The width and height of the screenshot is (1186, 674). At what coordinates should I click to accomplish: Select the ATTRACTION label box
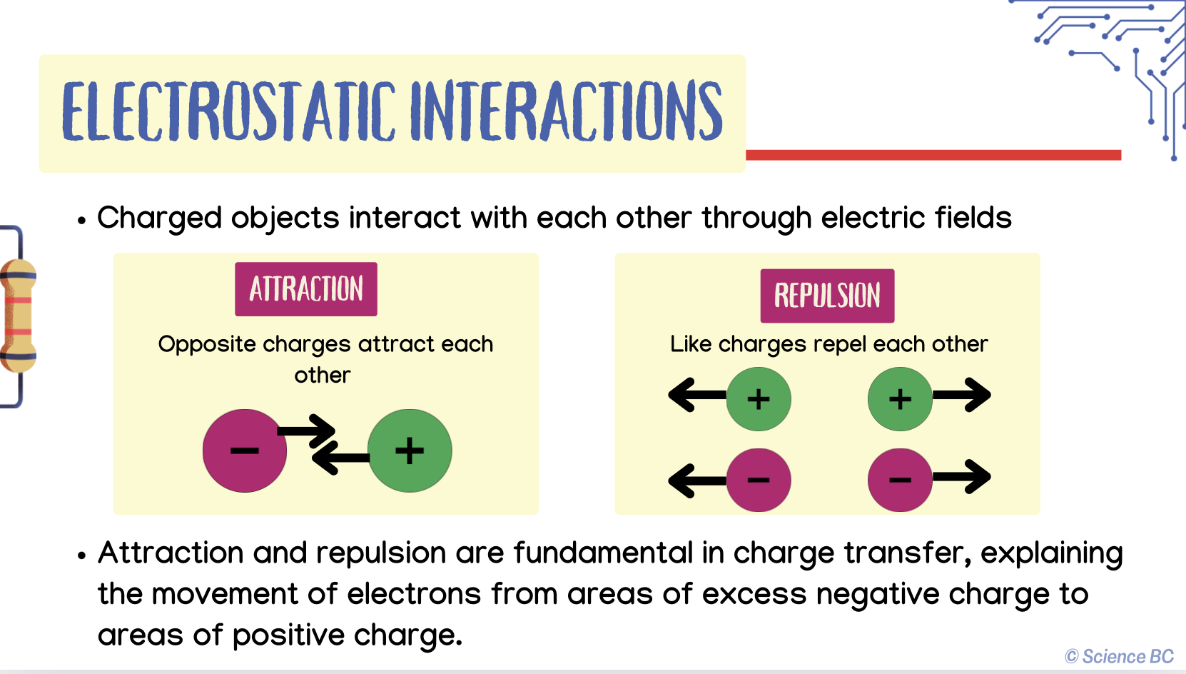click(x=306, y=289)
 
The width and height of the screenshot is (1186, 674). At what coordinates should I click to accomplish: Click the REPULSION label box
click(x=828, y=296)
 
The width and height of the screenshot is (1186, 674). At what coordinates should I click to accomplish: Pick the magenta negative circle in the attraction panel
click(x=245, y=451)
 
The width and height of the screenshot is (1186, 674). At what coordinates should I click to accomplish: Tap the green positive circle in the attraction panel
click(x=410, y=451)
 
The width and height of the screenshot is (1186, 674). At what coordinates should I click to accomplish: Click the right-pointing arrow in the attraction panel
click(x=307, y=431)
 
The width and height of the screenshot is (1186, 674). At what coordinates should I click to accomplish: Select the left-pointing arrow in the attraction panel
click(x=340, y=457)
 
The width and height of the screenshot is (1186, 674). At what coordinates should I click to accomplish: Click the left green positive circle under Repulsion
click(x=759, y=399)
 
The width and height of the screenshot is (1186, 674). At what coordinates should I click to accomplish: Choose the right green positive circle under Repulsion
click(x=900, y=399)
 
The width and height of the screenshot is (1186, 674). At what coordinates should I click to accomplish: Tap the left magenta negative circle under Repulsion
click(x=759, y=480)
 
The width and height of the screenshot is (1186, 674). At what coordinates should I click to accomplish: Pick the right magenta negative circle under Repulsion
click(x=900, y=480)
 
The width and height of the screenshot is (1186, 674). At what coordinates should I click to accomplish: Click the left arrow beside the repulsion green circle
click(x=697, y=395)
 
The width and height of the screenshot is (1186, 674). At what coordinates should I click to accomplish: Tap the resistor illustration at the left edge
click(x=18, y=316)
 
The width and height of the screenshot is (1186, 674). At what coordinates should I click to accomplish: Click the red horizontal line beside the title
click(x=933, y=155)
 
